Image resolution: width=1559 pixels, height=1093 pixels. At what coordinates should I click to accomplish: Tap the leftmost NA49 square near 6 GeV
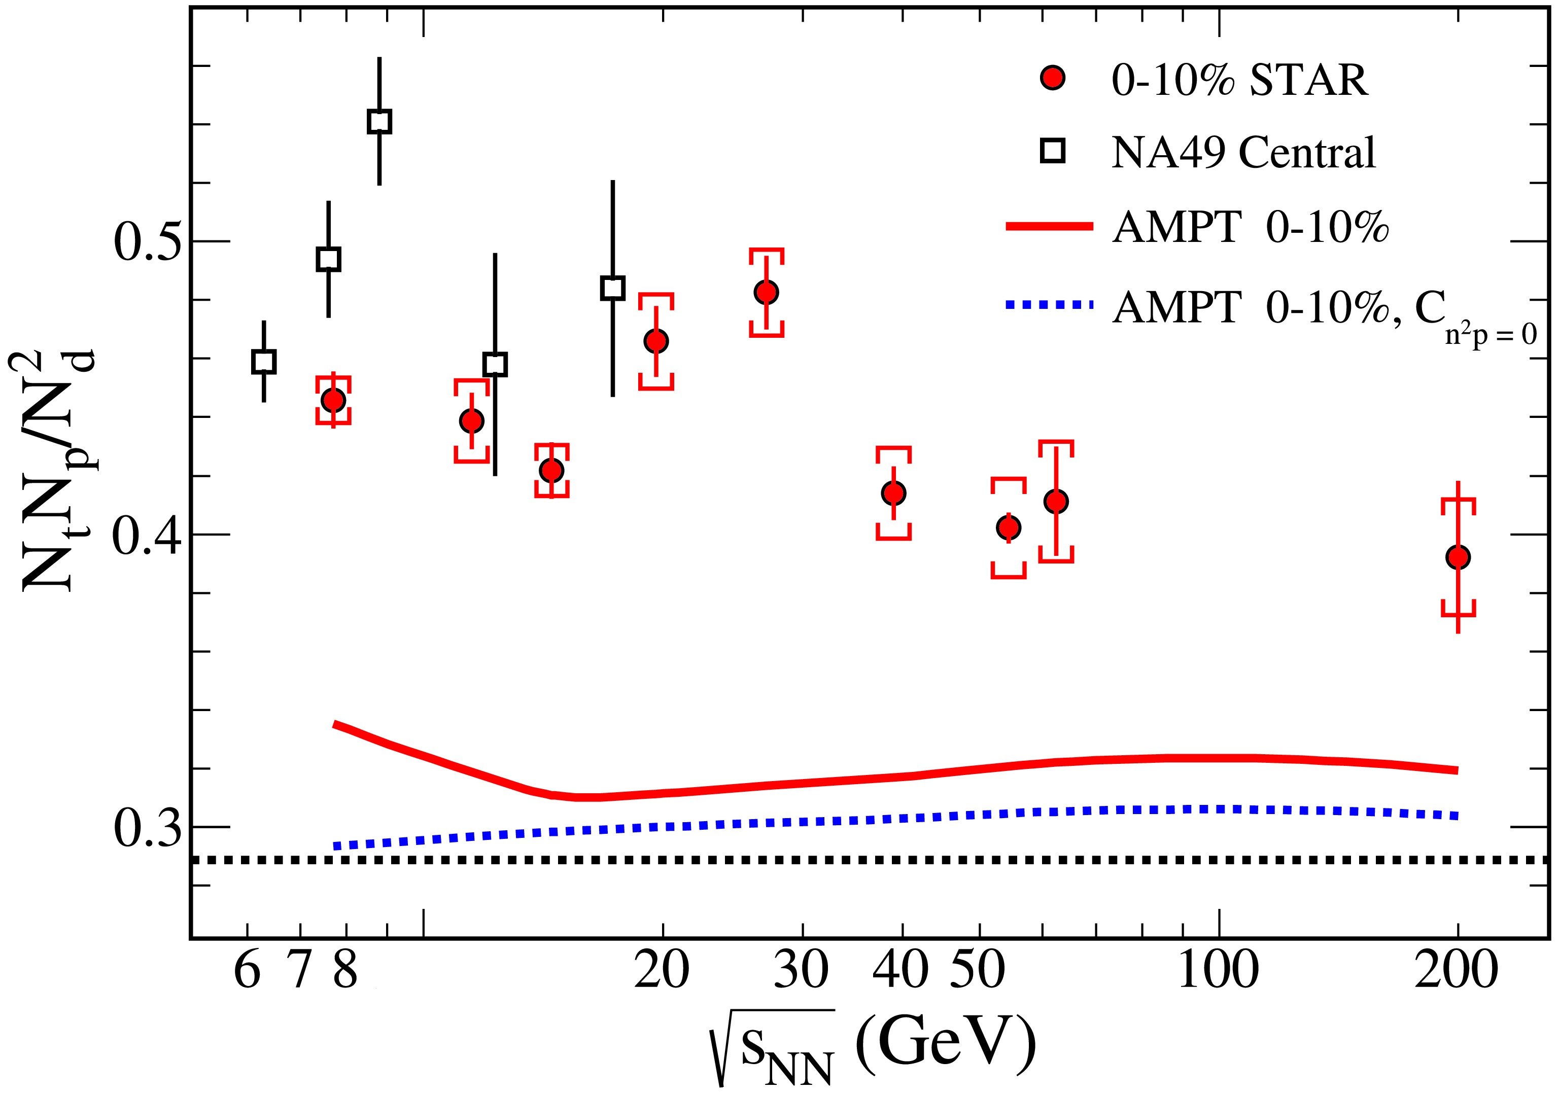(x=263, y=361)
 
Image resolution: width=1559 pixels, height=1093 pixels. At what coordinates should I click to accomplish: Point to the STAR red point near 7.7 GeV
(x=333, y=400)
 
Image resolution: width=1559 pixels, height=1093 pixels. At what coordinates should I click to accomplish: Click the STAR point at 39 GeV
(x=893, y=493)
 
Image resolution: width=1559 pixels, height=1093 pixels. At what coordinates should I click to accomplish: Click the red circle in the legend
(x=1053, y=78)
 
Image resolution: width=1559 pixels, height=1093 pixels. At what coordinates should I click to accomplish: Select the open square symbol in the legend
(x=1053, y=151)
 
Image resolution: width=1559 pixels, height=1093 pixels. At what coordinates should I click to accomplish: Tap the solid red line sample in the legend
(x=1049, y=227)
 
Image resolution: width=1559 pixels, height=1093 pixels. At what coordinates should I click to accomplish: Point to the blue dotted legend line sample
(x=1049, y=305)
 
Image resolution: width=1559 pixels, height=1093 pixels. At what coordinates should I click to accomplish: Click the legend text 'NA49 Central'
(x=1242, y=152)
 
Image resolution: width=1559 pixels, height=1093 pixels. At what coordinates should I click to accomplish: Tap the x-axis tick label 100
(x=1218, y=971)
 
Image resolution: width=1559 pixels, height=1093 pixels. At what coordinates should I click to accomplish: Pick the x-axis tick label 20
(x=662, y=971)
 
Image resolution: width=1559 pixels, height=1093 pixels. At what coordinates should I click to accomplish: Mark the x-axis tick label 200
(x=1457, y=971)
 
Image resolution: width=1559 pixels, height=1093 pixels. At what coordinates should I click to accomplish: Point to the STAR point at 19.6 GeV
(x=656, y=341)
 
